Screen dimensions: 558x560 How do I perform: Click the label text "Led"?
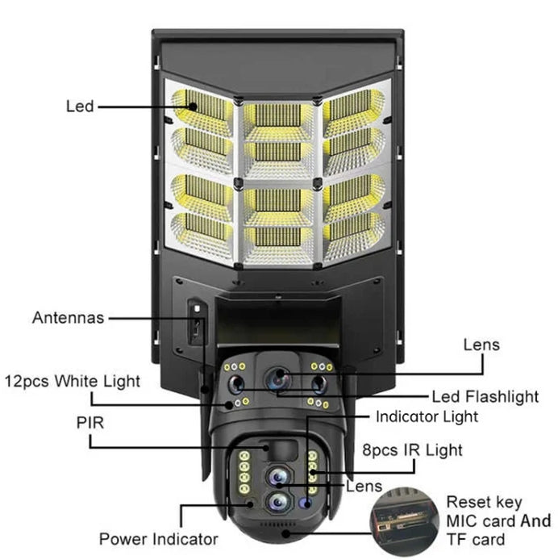click(x=80, y=106)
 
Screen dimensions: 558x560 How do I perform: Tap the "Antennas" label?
click(x=69, y=317)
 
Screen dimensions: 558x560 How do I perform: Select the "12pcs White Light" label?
click(x=72, y=381)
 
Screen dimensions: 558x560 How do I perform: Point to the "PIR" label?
click(x=90, y=423)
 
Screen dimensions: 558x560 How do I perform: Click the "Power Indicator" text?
click(x=159, y=539)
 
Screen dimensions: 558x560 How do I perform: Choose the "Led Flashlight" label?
click(x=485, y=397)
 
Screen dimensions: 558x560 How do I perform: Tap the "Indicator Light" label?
click(x=427, y=416)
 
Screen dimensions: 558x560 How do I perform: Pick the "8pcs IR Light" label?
click(x=412, y=450)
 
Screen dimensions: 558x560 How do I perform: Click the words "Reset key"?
click(x=484, y=503)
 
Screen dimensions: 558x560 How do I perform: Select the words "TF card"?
click(x=476, y=539)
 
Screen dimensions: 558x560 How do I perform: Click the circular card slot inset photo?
click(x=405, y=522)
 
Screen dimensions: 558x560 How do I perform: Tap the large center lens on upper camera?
click(x=279, y=379)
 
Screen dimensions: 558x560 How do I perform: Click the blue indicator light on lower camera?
click(x=306, y=503)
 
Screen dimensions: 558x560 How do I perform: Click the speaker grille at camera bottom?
click(x=277, y=524)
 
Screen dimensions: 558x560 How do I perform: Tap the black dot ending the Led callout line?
click(x=194, y=107)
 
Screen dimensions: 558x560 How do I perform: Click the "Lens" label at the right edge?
click(x=481, y=345)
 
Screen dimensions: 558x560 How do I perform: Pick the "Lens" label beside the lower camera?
click(x=364, y=486)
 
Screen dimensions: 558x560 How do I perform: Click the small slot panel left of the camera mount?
click(x=197, y=322)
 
